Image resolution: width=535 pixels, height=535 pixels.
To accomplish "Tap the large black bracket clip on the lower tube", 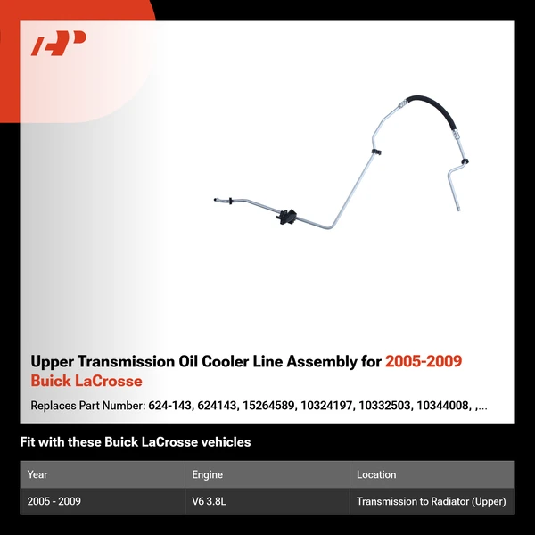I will coord(286,217).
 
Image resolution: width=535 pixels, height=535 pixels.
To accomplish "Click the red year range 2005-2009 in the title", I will coord(424,361).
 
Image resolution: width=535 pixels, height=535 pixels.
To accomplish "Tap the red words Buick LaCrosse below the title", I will coord(86,382).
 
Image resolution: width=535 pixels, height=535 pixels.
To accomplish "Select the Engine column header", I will coord(207,474).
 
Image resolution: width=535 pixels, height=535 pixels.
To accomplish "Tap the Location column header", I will coord(376,474).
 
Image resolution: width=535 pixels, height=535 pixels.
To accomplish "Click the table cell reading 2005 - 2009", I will coord(53,501).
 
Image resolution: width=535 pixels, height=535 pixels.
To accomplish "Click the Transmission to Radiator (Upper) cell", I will coord(432,501).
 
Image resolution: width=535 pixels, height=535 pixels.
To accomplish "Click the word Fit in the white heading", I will coord(29,442).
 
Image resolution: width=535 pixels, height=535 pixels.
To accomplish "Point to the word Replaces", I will coord(54,406).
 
